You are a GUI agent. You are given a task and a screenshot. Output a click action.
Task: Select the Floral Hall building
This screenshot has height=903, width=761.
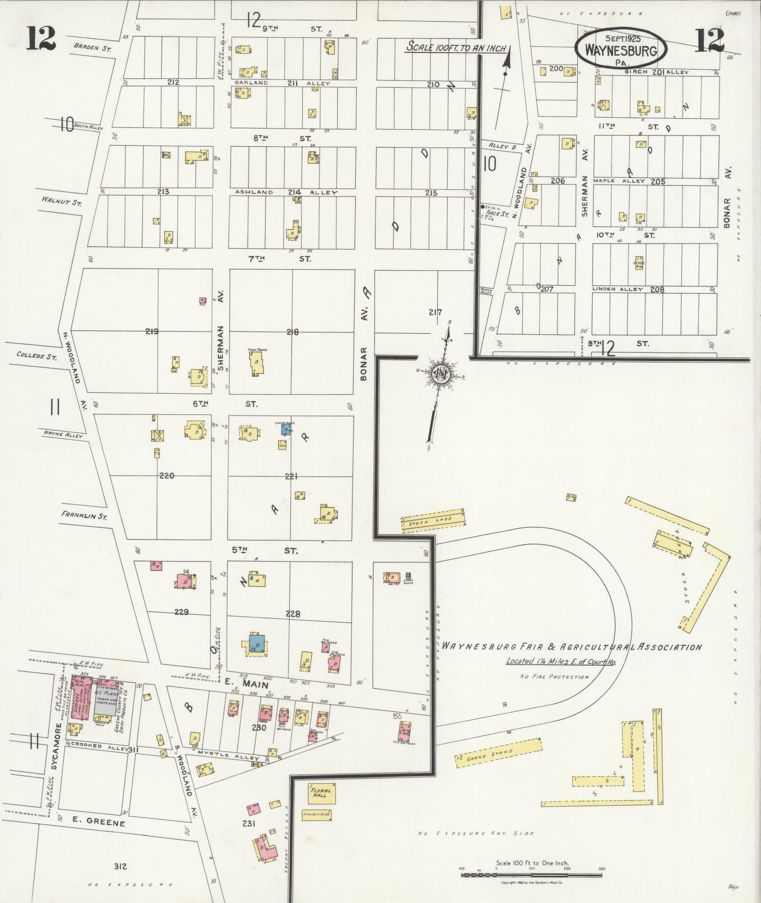[322, 793]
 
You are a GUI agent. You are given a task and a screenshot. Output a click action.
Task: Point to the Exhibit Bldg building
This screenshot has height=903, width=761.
[317, 814]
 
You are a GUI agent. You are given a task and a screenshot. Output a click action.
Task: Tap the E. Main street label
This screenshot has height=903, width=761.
[246, 684]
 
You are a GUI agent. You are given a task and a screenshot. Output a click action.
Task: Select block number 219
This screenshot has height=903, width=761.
[152, 331]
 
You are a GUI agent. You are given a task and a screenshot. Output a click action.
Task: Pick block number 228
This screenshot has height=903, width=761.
[293, 614]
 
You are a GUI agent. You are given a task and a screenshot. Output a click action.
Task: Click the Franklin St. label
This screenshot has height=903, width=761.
[84, 515]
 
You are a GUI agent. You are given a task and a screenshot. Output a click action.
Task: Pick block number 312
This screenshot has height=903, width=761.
[121, 866]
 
